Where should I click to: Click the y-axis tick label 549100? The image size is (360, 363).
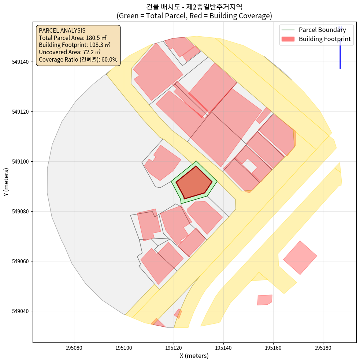[x=21, y=162]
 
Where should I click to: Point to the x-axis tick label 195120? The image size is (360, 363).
[x=174, y=347]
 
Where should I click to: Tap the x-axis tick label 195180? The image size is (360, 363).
[x=323, y=347]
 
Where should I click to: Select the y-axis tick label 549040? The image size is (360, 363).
[x=21, y=311]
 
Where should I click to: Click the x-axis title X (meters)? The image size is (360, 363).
[x=194, y=356]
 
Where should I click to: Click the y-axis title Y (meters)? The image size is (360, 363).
[x=6, y=182]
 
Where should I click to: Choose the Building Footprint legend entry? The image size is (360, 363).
[x=324, y=39]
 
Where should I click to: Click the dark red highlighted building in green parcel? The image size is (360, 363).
[x=194, y=182]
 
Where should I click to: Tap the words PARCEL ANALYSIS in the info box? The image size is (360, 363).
[x=62, y=30]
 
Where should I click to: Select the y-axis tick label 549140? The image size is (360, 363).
[x=21, y=62]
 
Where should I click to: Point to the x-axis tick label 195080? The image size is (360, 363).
[x=74, y=347]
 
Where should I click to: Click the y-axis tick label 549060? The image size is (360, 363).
[x=21, y=261]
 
